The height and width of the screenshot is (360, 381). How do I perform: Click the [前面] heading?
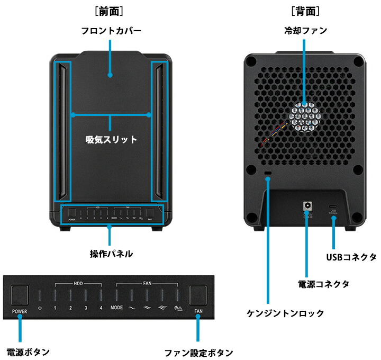[x=111, y=11]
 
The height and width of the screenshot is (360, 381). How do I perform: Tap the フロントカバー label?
[x=111, y=31]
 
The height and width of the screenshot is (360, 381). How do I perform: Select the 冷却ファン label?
[x=305, y=31]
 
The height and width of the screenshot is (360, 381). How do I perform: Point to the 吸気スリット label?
[x=111, y=140]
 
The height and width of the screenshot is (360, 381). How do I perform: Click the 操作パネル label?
[x=111, y=254]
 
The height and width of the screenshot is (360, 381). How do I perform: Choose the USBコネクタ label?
[x=351, y=257]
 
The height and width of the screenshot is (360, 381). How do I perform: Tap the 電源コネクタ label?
[x=323, y=284]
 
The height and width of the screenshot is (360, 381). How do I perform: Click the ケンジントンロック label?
[x=286, y=313]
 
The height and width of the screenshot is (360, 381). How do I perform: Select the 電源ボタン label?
[x=28, y=352]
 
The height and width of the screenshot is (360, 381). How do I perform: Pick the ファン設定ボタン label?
[x=198, y=353]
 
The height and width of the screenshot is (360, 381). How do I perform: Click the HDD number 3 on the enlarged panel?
[x=85, y=308]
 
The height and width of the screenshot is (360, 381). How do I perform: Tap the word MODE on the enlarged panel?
[x=117, y=308]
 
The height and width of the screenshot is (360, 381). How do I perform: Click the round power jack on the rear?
[x=306, y=205]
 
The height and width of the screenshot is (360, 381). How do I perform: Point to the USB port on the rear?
[x=333, y=206]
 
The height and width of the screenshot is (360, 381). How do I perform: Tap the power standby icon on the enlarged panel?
[x=40, y=308]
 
